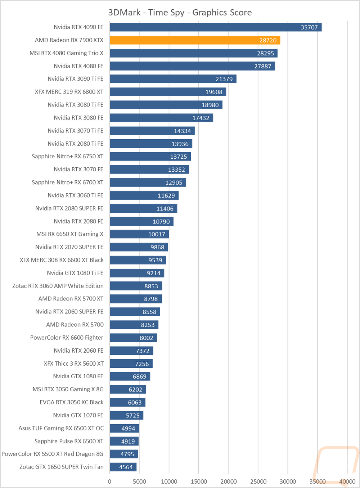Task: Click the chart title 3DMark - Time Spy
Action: click(x=147, y=13)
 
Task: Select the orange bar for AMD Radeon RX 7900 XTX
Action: click(x=195, y=40)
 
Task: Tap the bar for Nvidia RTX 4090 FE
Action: click(x=216, y=27)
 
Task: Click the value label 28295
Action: click(x=265, y=53)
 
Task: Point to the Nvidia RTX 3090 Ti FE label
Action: click(x=75, y=79)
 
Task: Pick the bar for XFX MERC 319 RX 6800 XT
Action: click(x=168, y=92)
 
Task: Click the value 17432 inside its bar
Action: click(x=201, y=118)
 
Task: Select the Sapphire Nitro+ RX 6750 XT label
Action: click(x=68, y=157)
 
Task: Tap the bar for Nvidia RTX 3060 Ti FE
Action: click(x=144, y=195)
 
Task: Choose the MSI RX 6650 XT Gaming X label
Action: click(x=70, y=234)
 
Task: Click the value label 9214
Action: click(x=153, y=273)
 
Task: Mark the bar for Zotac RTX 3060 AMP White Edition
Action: click(x=136, y=286)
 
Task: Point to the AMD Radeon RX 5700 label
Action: click(x=75, y=325)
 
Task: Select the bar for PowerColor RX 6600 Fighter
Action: click(x=133, y=338)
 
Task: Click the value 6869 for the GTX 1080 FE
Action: click(x=139, y=377)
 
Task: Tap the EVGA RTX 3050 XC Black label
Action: click(x=72, y=402)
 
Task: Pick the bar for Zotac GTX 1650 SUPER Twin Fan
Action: click(x=123, y=467)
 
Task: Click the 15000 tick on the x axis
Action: click(x=198, y=482)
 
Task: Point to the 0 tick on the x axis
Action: click(x=109, y=482)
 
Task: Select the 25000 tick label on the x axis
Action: click(x=258, y=482)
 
